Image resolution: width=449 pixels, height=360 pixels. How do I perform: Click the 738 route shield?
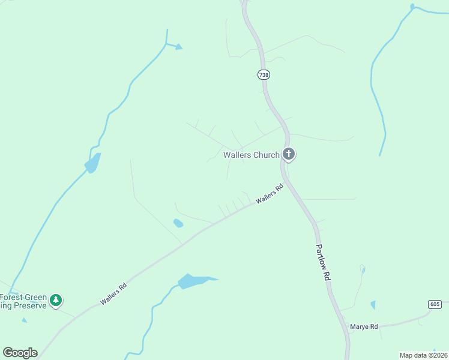[x=264, y=74]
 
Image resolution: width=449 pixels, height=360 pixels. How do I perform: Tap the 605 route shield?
[x=435, y=305]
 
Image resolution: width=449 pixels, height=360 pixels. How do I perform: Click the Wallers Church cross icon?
[x=289, y=155]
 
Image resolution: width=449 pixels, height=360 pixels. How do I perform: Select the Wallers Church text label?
[x=252, y=155]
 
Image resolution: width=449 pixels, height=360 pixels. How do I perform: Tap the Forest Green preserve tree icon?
[x=56, y=300]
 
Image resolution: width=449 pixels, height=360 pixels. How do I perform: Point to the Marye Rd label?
[x=365, y=326]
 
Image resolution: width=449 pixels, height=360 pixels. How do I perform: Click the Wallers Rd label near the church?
[x=268, y=194]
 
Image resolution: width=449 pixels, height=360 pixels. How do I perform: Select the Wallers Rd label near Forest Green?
[x=113, y=294]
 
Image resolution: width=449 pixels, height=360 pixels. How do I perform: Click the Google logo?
[x=20, y=353]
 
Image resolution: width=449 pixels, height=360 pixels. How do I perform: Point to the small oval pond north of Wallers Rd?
[x=178, y=223]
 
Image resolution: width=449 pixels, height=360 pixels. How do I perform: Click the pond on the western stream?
[x=92, y=163]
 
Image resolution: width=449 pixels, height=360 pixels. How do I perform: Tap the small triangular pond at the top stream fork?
[x=178, y=47]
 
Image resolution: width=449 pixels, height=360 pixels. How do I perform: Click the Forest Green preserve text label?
[x=23, y=301]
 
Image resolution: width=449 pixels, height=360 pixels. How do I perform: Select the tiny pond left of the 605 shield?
[x=373, y=305]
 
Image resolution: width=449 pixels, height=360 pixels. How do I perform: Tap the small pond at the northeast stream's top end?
[x=412, y=7]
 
